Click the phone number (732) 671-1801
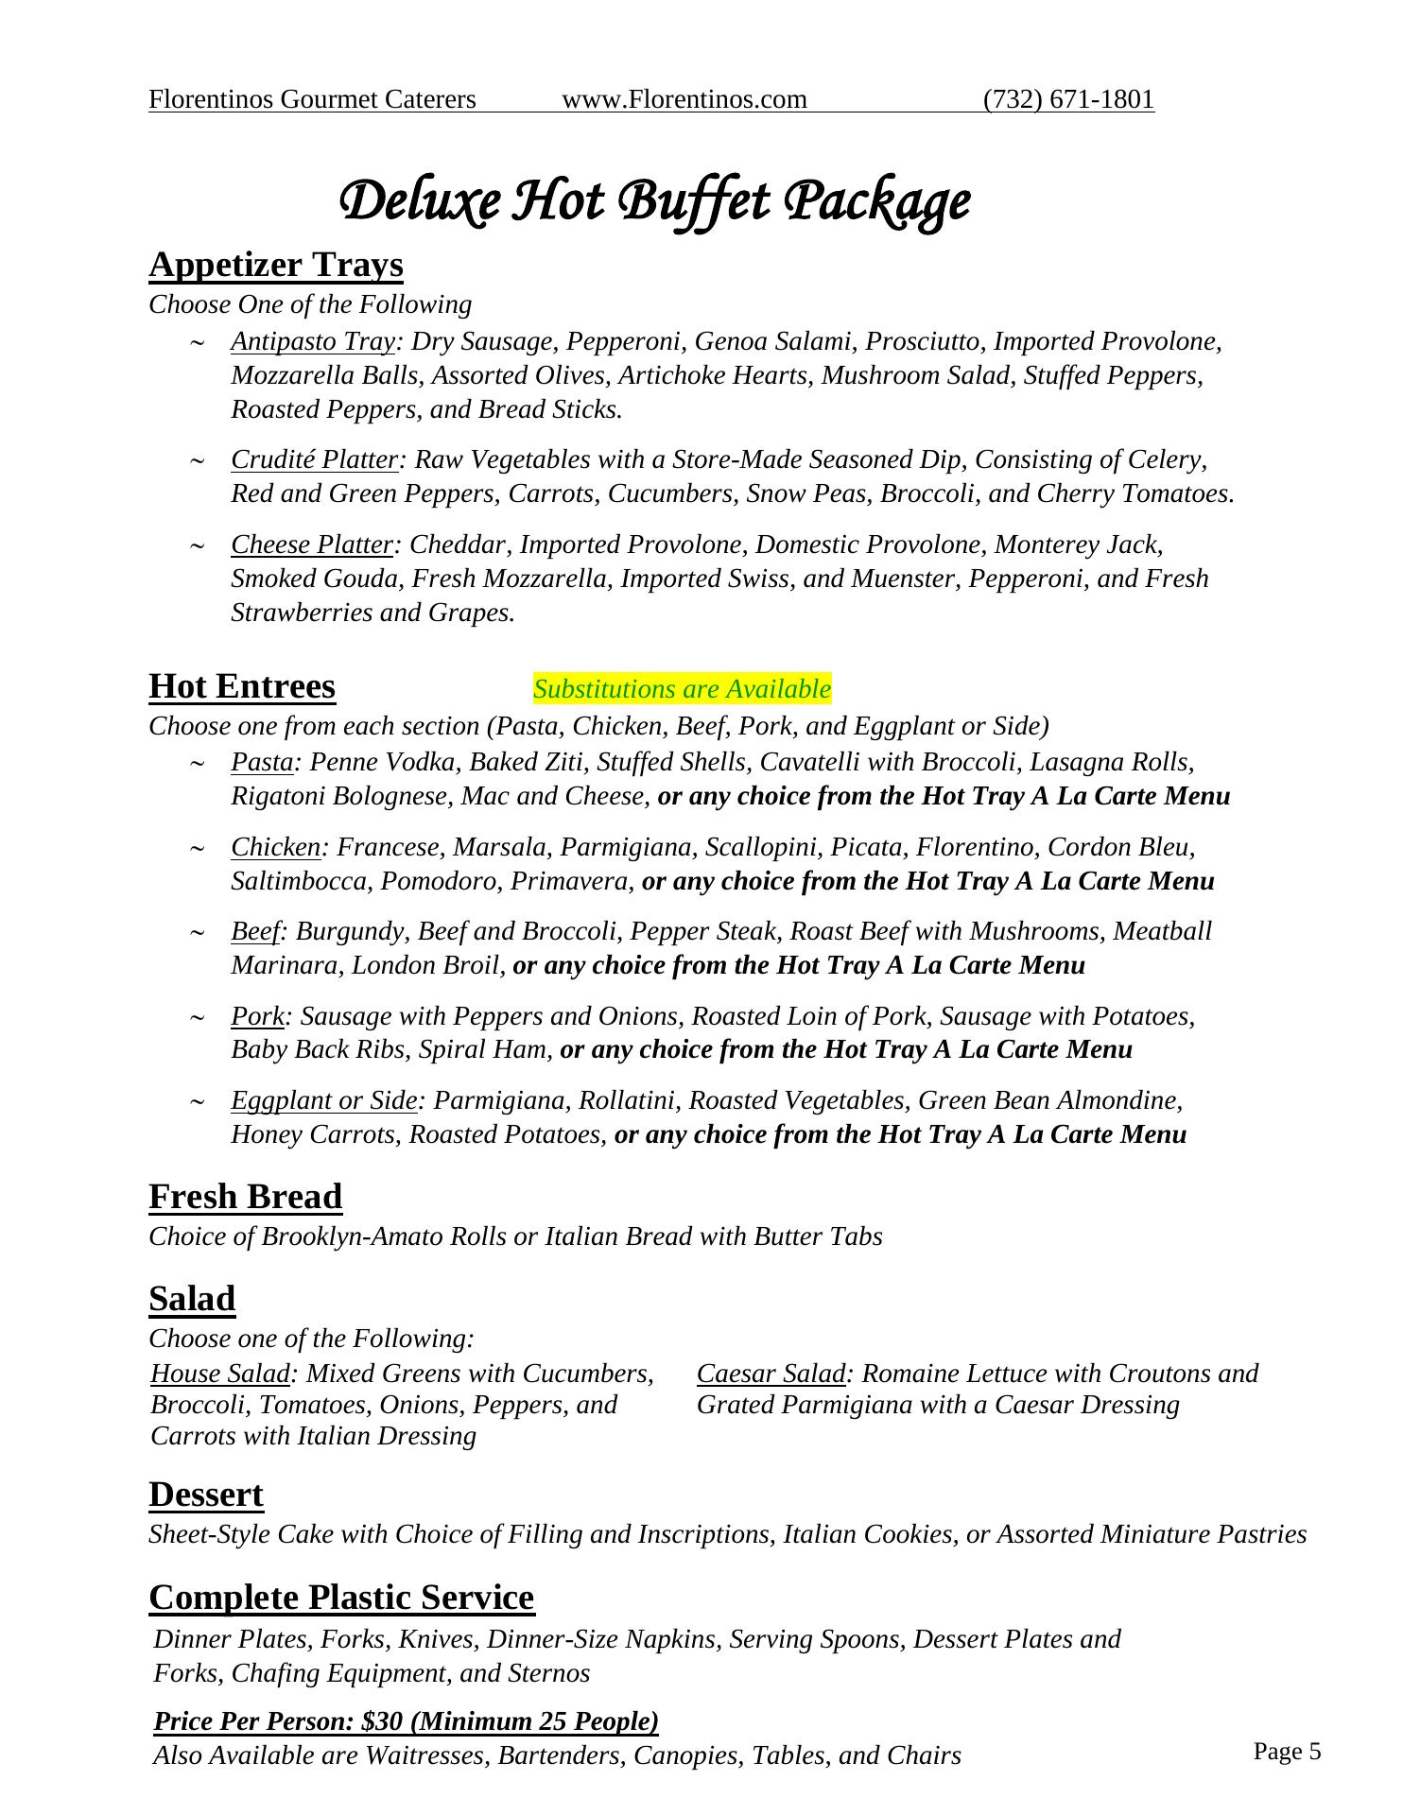(x=1068, y=99)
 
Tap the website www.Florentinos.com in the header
(x=684, y=99)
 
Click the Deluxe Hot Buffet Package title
(x=654, y=201)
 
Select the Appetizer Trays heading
(x=276, y=266)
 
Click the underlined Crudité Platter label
(x=314, y=459)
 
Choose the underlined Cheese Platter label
(x=312, y=544)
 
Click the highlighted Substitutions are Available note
(x=682, y=689)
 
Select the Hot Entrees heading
(x=242, y=686)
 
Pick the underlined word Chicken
(x=276, y=847)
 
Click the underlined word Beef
(x=255, y=931)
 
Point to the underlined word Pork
(x=257, y=1016)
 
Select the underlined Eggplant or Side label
(x=324, y=1100)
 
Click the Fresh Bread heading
(x=246, y=1197)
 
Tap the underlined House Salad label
(x=220, y=1374)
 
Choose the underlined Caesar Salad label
(x=770, y=1374)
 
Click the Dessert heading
(x=206, y=1495)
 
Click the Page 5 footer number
(x=1287, y=1752)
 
